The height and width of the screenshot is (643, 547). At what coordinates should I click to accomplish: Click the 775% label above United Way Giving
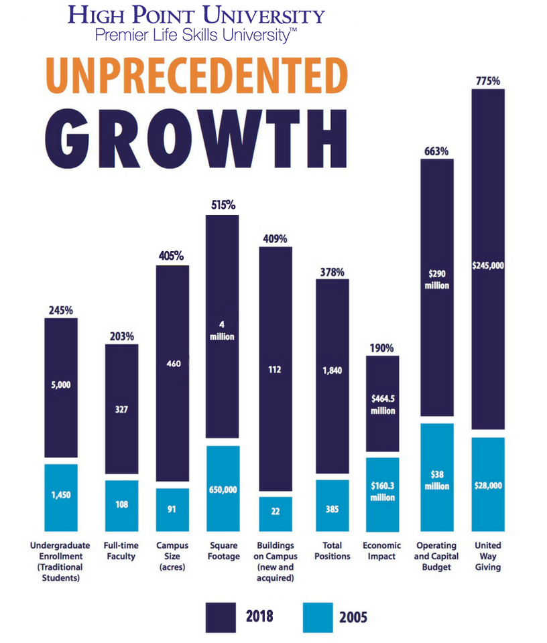[x=488, y=81]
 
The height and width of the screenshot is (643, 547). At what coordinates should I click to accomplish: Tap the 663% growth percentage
[x=436, y=151]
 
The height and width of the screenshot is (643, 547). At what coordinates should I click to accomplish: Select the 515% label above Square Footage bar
[x=223, y=206]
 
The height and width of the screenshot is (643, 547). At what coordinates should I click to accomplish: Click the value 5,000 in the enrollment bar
[x=61, y=385]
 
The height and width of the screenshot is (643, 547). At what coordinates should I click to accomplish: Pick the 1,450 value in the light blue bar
[x=61, y=495]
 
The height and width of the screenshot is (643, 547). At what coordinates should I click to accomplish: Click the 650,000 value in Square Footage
[x=223, y=490]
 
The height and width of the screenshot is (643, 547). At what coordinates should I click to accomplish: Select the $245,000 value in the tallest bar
[x=488, y=265]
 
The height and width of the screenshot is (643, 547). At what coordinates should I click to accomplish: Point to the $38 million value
[x=436, y=480]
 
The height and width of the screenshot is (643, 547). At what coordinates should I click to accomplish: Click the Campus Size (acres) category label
[x=172, y=556]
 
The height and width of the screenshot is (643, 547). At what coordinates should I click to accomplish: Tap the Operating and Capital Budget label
[x=436, y=556]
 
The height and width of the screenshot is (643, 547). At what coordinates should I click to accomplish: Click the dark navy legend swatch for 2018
[x=221, y=617]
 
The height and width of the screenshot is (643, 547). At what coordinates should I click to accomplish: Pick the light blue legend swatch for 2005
[x=318, y=617]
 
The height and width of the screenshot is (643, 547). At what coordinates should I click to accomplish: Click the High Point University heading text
[x=196, y=15]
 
